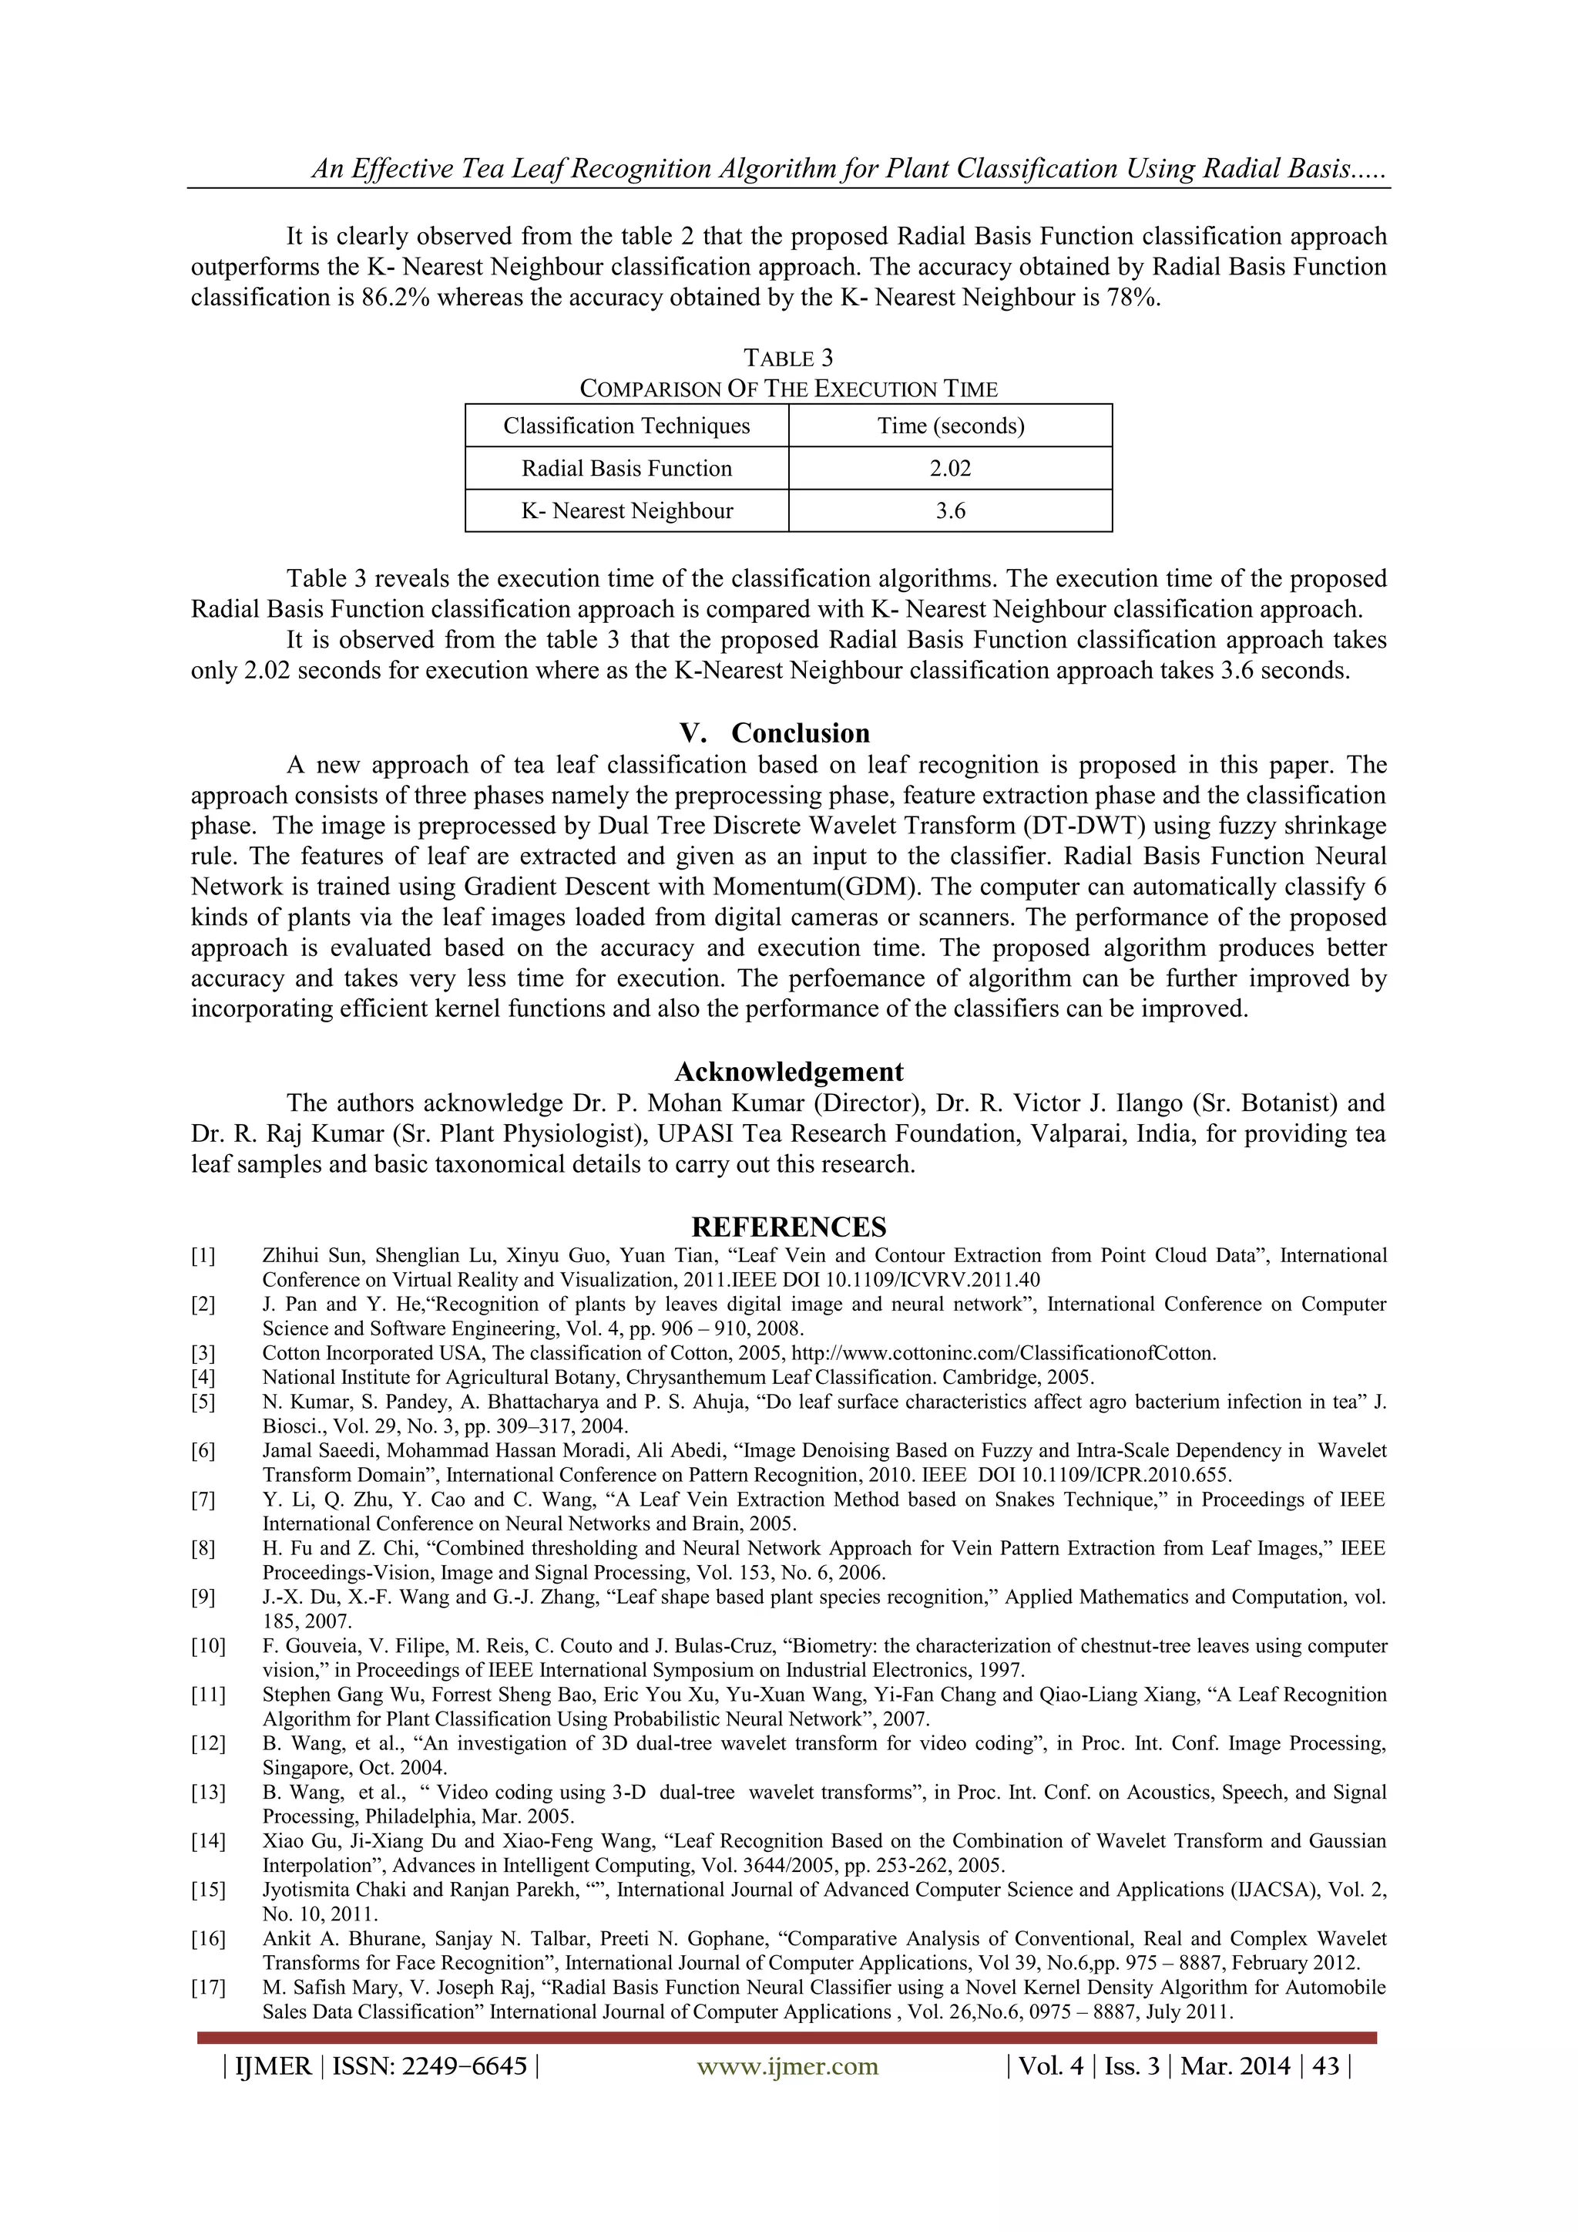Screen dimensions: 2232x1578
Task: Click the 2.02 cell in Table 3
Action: (949, 469)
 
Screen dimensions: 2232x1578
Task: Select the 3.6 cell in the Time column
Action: (949, 511)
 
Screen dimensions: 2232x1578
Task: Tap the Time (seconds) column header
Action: (950, 426)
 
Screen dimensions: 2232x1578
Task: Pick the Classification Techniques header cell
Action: (626, 426)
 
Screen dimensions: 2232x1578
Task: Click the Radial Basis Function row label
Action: (626, 469)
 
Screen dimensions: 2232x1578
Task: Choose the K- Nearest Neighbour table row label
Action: (626, 511)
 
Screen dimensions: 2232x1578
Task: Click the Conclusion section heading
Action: (800, 733)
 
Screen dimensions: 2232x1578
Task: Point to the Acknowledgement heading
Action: (788, 1071)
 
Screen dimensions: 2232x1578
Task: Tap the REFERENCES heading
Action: (788, 1226)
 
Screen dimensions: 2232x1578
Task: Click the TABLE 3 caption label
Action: (788, 359)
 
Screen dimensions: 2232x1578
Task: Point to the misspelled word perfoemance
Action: (871, 979)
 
